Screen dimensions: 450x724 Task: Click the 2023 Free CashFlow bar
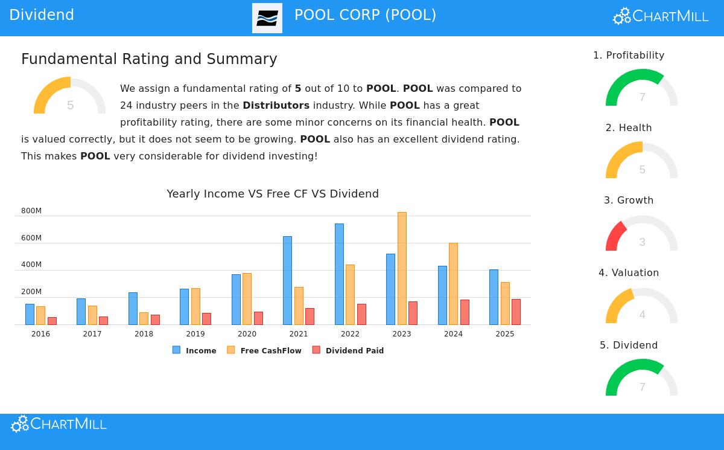click(x=402, y=268)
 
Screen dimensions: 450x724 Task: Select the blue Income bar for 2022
click(x=339, y=274)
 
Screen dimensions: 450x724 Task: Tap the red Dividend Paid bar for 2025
click(x=516, y=312)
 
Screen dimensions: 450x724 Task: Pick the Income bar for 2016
click(x=30, y=314)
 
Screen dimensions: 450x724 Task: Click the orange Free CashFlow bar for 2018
click(x=144, y=318)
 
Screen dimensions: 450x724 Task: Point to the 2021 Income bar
click(x=287, y=280)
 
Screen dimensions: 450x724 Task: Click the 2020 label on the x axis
click(x=247, y=334)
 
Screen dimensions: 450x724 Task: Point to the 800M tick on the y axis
click(x=31, y=211)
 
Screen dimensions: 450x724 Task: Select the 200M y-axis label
click(x=31, y=292)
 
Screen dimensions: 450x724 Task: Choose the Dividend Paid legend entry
click(x=348, y=350)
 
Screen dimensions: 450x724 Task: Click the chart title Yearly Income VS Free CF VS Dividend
click(x=273, y=194)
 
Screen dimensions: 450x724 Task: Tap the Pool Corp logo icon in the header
click(x=267, y=18)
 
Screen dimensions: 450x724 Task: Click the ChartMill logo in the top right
click(x=661, y=16)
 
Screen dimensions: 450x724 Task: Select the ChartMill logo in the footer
click(x=59, y=423)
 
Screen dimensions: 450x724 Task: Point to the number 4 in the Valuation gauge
click(x=642, y=315)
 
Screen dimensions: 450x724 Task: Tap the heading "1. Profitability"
click(x=629, y=56)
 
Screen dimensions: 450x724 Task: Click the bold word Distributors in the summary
click(x=276, y=105)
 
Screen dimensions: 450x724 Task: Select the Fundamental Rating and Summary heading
click(x=149, y=59)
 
